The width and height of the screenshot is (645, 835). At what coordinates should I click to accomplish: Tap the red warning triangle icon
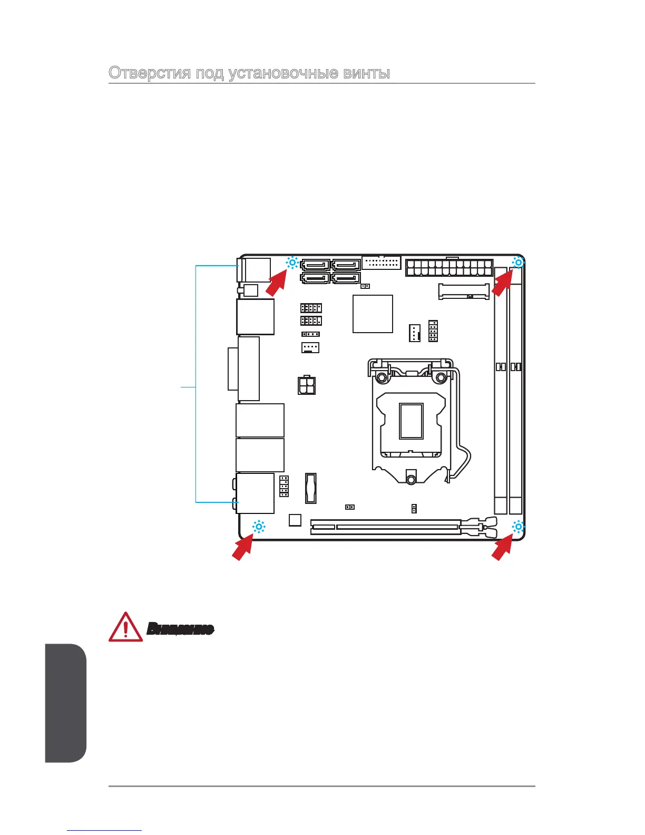[125, 627]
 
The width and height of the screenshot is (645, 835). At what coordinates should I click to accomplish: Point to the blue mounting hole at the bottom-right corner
[519, 527]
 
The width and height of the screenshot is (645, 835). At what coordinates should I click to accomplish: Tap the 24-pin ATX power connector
[449, 268]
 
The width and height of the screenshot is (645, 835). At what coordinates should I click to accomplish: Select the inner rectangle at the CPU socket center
[411, 421]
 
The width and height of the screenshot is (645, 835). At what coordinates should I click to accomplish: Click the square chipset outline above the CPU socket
[373, 314]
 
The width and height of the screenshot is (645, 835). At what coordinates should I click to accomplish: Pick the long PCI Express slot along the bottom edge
[385, 526]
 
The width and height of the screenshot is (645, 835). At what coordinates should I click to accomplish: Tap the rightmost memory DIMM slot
[516, 390]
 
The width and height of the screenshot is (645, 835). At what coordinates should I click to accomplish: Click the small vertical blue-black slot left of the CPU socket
[311, 488]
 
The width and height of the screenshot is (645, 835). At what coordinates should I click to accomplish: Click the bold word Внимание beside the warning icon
[180, 628]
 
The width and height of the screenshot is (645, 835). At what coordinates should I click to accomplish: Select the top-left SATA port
[315, 265]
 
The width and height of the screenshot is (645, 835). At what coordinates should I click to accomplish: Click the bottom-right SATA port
[346, 277]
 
